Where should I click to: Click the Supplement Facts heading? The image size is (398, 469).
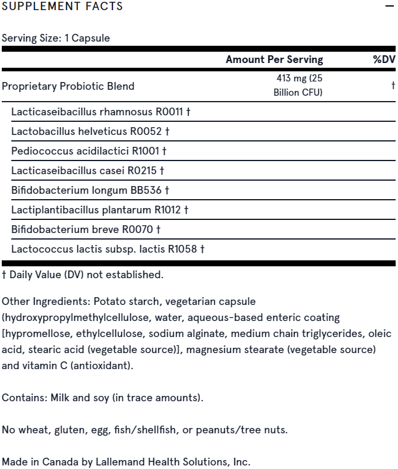click(x=62, y=7)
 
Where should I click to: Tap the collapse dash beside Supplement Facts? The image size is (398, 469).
click(x=390, y=7)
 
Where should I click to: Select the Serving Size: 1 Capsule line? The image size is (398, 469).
click(x=56, y=38)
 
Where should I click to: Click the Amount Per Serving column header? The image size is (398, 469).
click(x=274, y=59)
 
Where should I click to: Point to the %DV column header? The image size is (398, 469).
click(x=384, y=59)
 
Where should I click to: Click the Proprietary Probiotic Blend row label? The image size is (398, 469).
click(x=68, y=86)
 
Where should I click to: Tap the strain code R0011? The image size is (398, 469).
click(x=169, y=112)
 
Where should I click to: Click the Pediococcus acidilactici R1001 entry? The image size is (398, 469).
click(x=89, y=151)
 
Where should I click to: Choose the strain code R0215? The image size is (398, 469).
click(x=142, y=171)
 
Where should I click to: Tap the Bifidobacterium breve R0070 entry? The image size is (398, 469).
click(x=86, y=229)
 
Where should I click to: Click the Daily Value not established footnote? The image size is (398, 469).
click(x=83, y=275)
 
